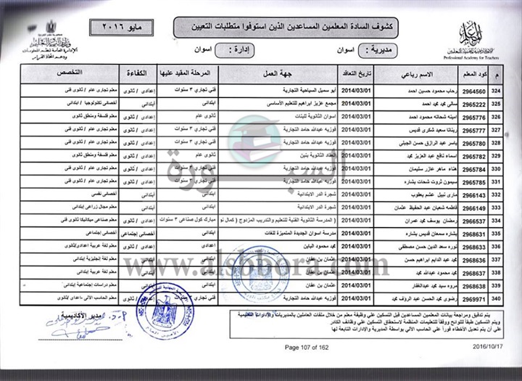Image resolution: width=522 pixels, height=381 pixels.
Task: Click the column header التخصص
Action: point(70,75)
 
